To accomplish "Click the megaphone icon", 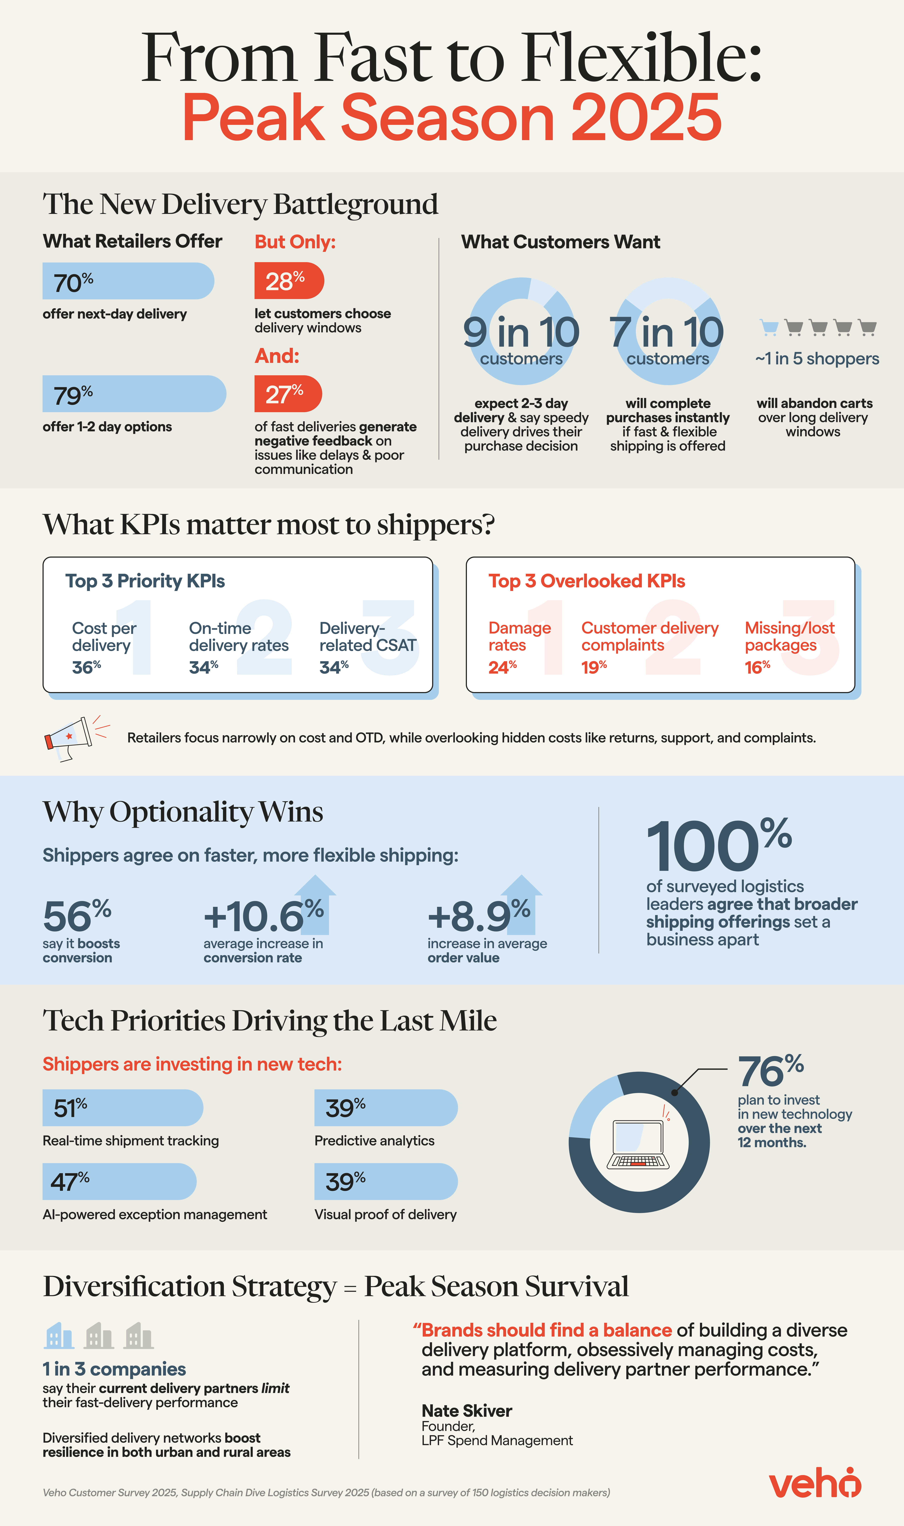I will pos(70,737).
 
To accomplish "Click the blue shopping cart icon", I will pos(769,327).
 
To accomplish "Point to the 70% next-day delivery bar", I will pos(128,281).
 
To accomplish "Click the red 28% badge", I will pos(289,281).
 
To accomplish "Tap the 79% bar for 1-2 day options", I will pos(134,394).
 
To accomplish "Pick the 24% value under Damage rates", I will pos(503,667).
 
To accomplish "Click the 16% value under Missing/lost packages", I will pos(757,667).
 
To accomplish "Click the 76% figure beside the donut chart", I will pos(771,1071).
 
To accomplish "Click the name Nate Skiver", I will pos(467,1411).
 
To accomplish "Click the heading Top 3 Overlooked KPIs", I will pos(587,581).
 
